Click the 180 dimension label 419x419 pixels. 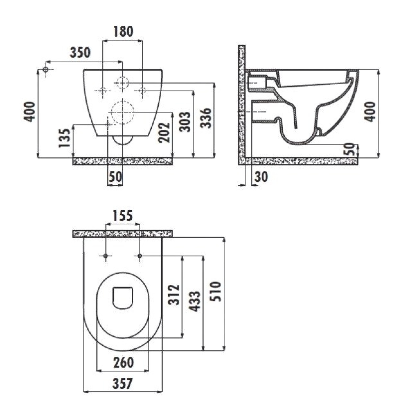click(x=123, y=31)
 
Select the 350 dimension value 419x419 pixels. click(x=80, y=53)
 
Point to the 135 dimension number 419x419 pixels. click(x=64, y=138)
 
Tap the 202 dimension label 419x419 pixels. click(x=164, y=133)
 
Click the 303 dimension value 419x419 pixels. click(x=185, y=122)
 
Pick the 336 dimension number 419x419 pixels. click(x=206, y=118)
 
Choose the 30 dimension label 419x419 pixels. click(x=261, y=177)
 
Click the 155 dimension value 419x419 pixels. click(x=123, y=216)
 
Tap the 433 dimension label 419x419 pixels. click(x=195, y=301)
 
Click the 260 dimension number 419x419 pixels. click(x=123, y=363)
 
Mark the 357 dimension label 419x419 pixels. click(x=123, y=384)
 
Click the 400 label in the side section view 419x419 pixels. click(x=370, y=112)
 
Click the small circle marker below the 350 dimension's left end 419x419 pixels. click(x=46, y=70)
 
